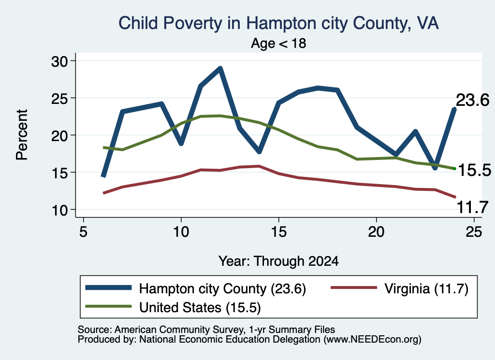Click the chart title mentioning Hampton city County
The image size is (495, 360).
point(278,23)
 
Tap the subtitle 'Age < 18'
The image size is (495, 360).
point(278,43)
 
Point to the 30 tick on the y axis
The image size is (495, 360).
point(59,61)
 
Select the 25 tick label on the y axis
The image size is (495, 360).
point(59,98)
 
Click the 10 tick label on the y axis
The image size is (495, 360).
point(59,210)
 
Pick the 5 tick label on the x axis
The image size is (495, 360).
point(83,232)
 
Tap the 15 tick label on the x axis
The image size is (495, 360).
point(279,232)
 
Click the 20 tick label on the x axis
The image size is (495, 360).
point(376,232)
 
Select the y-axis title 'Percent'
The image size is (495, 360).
point(22,135)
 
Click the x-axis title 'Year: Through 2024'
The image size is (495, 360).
point(278,261)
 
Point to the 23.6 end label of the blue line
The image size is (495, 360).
point(473,101)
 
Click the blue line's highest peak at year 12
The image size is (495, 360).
point(220,68)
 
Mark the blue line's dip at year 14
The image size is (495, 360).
point(259,151)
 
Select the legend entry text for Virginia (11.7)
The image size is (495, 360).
point(426,288)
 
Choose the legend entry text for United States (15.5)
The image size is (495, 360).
point(200,308)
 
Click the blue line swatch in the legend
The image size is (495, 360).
point(108,288)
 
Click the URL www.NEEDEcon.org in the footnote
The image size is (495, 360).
point(372,339)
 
